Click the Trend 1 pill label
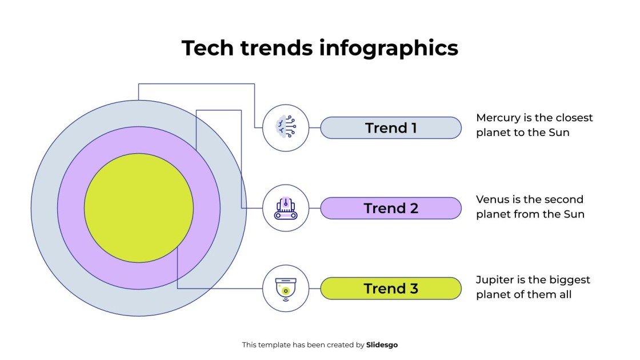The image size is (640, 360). (391, 128)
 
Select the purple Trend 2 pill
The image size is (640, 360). (391, 209)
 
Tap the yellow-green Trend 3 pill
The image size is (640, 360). (391, 289)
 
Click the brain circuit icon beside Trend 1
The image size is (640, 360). (286, 127)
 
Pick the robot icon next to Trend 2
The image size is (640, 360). (286, 208)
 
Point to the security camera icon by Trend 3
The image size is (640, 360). (286, 289)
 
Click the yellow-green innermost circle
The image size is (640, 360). (139, 208)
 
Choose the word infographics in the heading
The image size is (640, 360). (389, 49)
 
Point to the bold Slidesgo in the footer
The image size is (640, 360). (382, 345)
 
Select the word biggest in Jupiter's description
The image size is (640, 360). (569, 280)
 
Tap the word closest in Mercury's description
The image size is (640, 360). (573, 118)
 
